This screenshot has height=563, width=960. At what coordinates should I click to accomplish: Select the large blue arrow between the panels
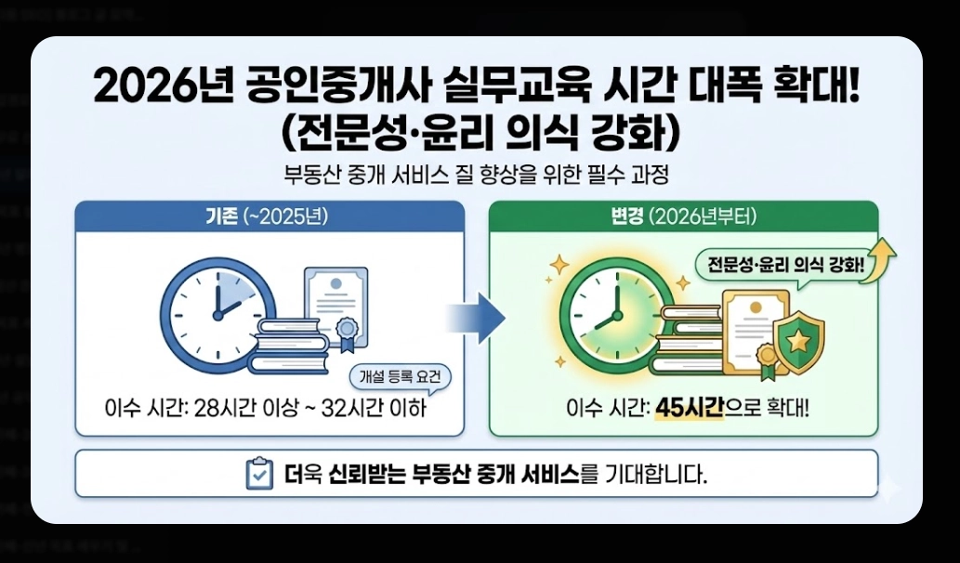point(477,319)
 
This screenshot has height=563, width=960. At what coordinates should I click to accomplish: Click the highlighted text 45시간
point(689,408)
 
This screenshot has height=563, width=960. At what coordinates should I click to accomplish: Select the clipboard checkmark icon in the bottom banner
point(257,475)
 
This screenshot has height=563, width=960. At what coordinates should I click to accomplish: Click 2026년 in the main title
point(164,89)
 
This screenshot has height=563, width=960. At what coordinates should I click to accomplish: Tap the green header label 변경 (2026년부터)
point(683,217)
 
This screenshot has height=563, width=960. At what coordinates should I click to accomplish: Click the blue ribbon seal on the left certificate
point(348,332)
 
